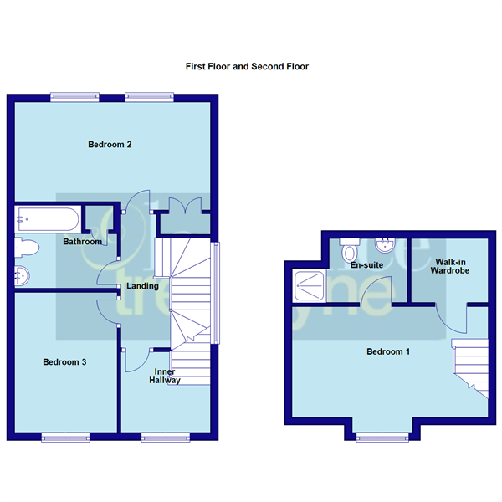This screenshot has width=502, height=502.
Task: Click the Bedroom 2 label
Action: pyautogui.click(x=110, y=145)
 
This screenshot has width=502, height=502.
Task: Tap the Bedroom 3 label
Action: pyautogui.click(x=65, y=362)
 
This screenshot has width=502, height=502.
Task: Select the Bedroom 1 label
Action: pyautogui.click(x=388, y=351)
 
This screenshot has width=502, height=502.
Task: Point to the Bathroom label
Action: pyautogui.click(x=83, y=242)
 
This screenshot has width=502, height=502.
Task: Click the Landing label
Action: pyautogui.click(x=142, y=287)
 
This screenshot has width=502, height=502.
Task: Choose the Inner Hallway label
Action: pyautogui.click(x=164, y=376)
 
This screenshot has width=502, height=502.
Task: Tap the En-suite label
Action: pyautogui.click(x=366, y=265)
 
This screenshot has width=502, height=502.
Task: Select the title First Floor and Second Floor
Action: pyautogui.click(x=247, y=66)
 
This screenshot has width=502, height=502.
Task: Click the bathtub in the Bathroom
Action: pyautogui.click(x=47, y=220)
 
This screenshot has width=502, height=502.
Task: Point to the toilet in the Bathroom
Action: pyautogui.click(x=28, y=248)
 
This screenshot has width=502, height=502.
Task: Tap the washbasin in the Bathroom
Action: pyautogui.click(x=23, y=274)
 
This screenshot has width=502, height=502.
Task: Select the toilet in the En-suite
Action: pyautogui.click(x=350, y=249)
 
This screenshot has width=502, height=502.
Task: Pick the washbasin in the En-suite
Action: pyautogui.click(x=386, y=245)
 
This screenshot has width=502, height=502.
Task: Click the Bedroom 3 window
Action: pyautogui.click(x=65, y=436)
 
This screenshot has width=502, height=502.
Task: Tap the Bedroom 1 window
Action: pyautogui.click(x=376, y=436)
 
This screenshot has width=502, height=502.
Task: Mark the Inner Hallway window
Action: pyautogui.click(x=163, y=436)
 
